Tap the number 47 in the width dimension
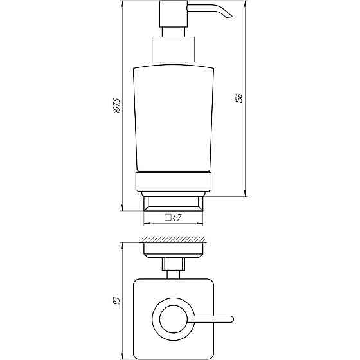coord(178,218)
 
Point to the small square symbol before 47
coord(168,218)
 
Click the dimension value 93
coord(116,300)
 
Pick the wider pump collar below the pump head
coord(172,50)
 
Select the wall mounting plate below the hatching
coord(172,249)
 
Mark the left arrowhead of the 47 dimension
coord(145,224)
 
